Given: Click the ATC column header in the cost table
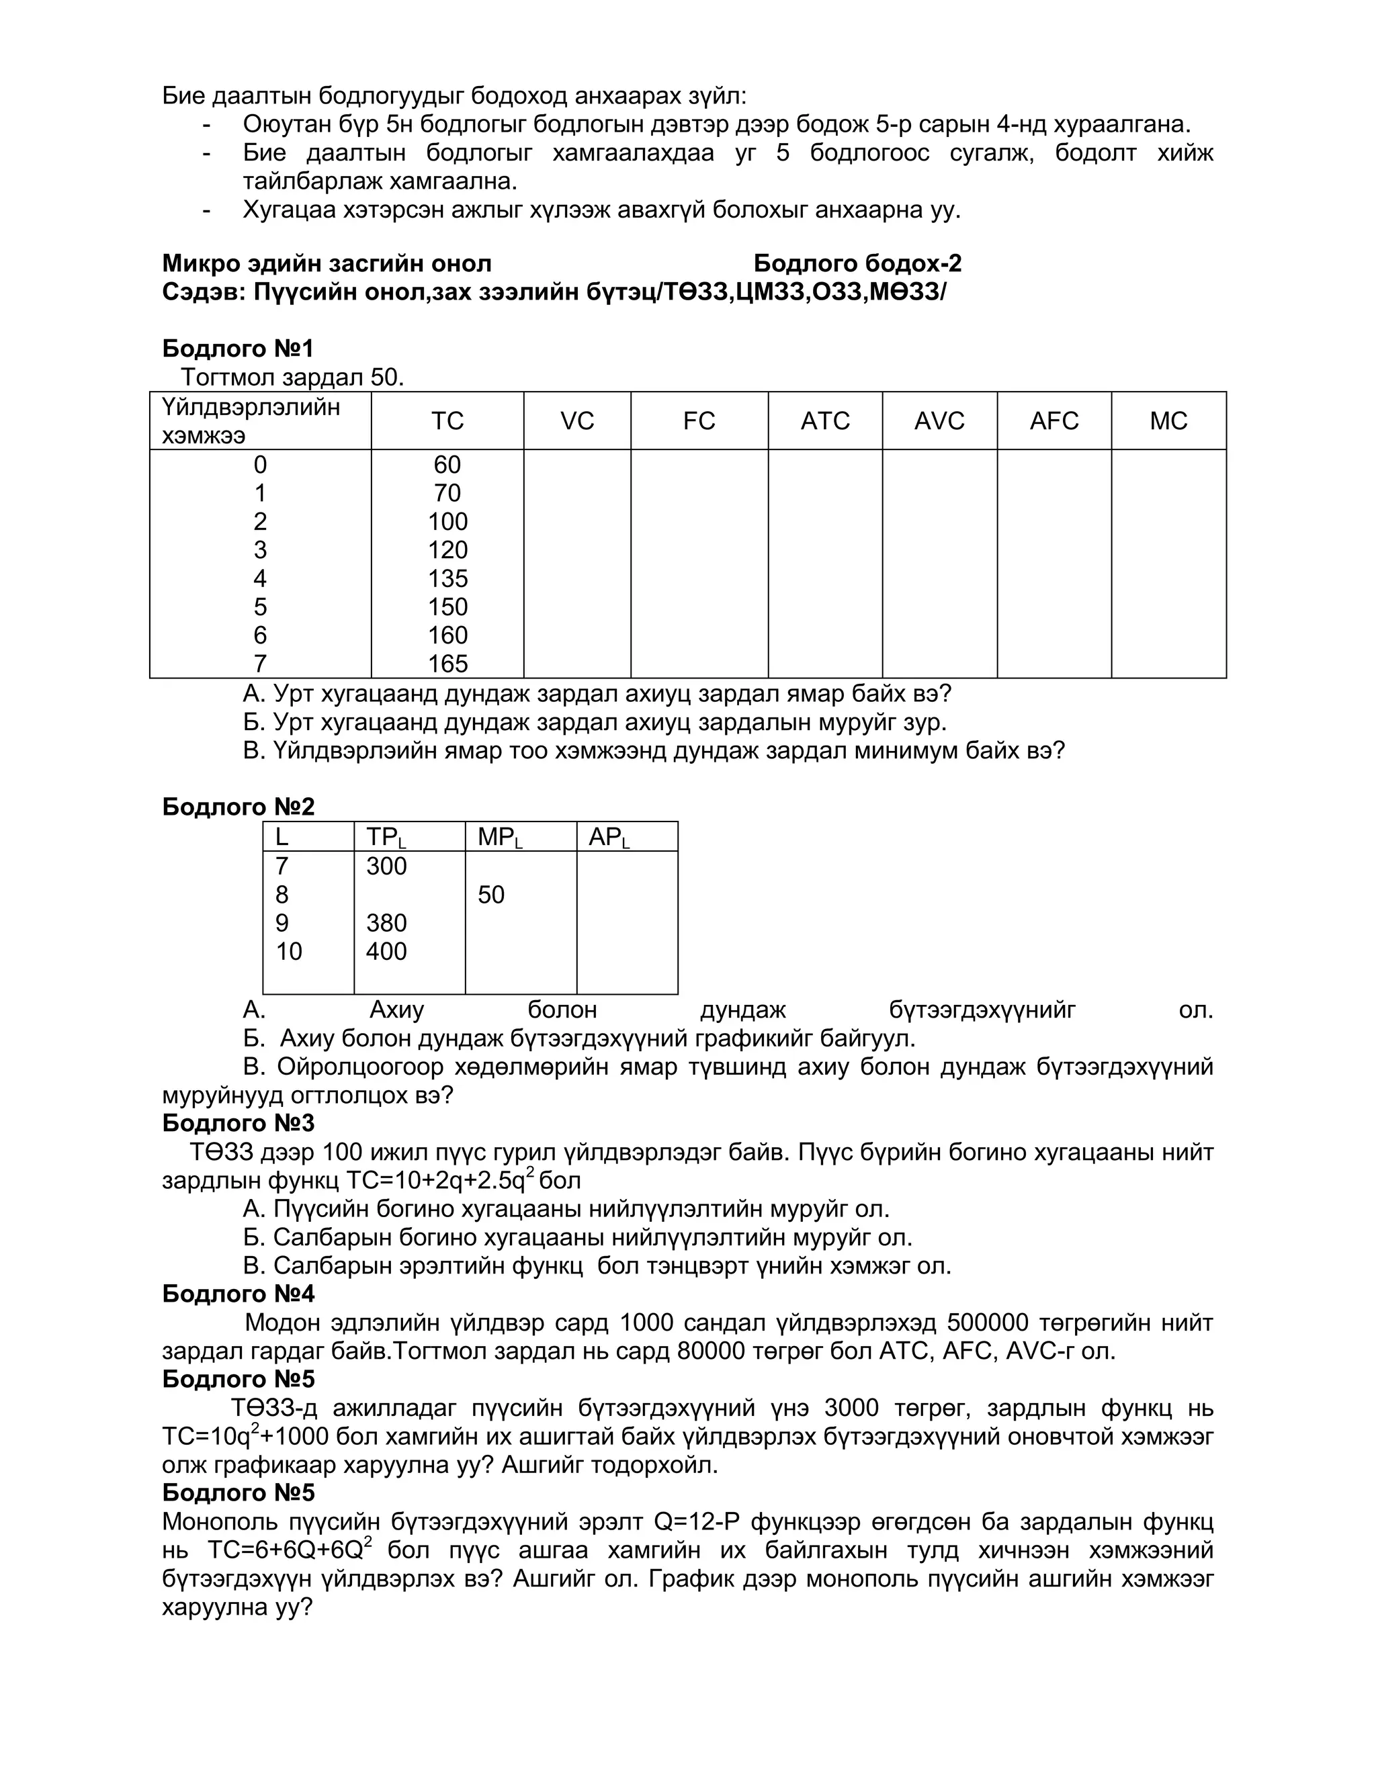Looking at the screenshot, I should click(x=825, y=420).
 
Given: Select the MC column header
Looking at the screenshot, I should click(x=1168, y=420).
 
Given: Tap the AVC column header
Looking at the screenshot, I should click(x=939, y=420).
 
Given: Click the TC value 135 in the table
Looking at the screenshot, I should click(x=447, y=578).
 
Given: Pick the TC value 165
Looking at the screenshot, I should click(x=447, y=664).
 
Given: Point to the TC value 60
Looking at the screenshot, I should click(x=447, y=465).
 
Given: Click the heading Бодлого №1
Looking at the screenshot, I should click(x=238, y=349).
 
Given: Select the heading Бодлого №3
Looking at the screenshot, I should click(x=238, y=1123).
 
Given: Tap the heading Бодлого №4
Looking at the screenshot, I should click(x=238, y=1294).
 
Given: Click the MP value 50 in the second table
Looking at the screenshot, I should click(x=490, y=895).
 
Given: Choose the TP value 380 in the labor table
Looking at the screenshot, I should click(x=386, y=924).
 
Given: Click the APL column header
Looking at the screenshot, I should click(x=609, y=837).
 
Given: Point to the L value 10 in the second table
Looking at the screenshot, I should click(x=288, y=951).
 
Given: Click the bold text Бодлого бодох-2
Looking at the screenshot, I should click(x=857, y=263).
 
